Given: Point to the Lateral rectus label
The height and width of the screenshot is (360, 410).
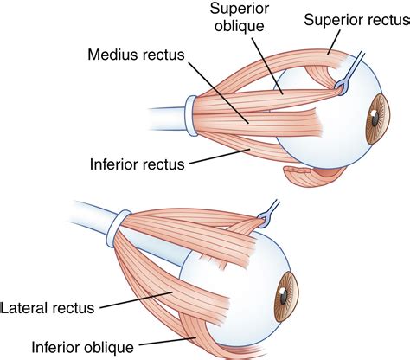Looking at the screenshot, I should [51, 305].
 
